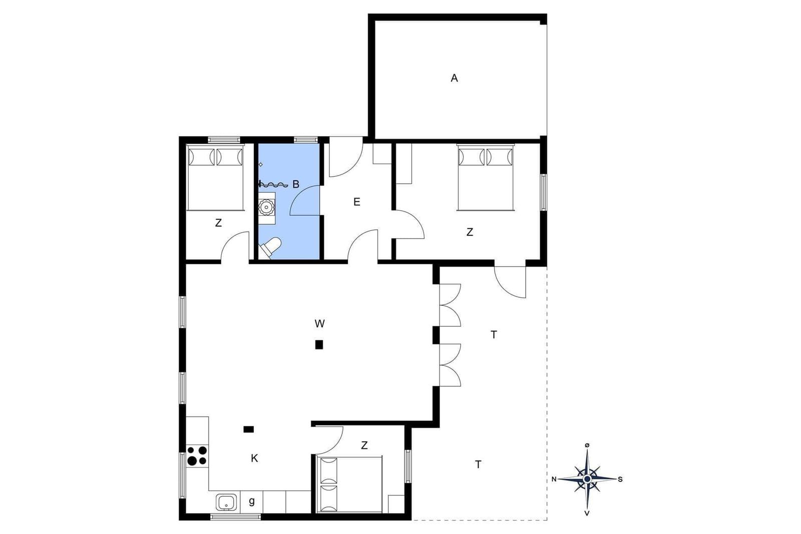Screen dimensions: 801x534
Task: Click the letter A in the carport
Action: coord(454,78)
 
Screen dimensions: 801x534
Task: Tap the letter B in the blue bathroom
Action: coord(296,184)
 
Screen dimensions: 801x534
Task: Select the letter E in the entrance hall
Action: coord(356,202)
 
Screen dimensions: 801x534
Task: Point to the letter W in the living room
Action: coord(320,323)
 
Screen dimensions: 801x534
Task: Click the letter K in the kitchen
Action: coord(254,458)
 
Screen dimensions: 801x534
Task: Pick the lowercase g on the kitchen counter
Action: coord(252,501)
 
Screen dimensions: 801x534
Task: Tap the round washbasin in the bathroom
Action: coord(266,207)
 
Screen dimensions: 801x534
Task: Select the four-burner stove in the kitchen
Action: coord(197,456)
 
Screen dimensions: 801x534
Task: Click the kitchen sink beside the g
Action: coord(226,502)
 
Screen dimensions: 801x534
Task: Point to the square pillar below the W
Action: coord(319,344)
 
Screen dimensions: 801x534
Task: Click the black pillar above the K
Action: coord(248,429)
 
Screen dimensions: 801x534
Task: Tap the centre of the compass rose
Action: coord(587,478)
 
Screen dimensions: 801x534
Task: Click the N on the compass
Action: coord(554,479)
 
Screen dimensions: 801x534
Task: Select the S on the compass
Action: coord(620,479)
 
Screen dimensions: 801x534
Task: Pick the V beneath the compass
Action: coord(587,513)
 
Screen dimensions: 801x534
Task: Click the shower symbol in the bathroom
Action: coord(273,185)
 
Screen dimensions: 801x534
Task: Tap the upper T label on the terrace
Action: coord(494,335)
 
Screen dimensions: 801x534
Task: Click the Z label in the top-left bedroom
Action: coord(218,223)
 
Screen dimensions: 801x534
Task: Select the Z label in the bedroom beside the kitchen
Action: coord(364,445)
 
